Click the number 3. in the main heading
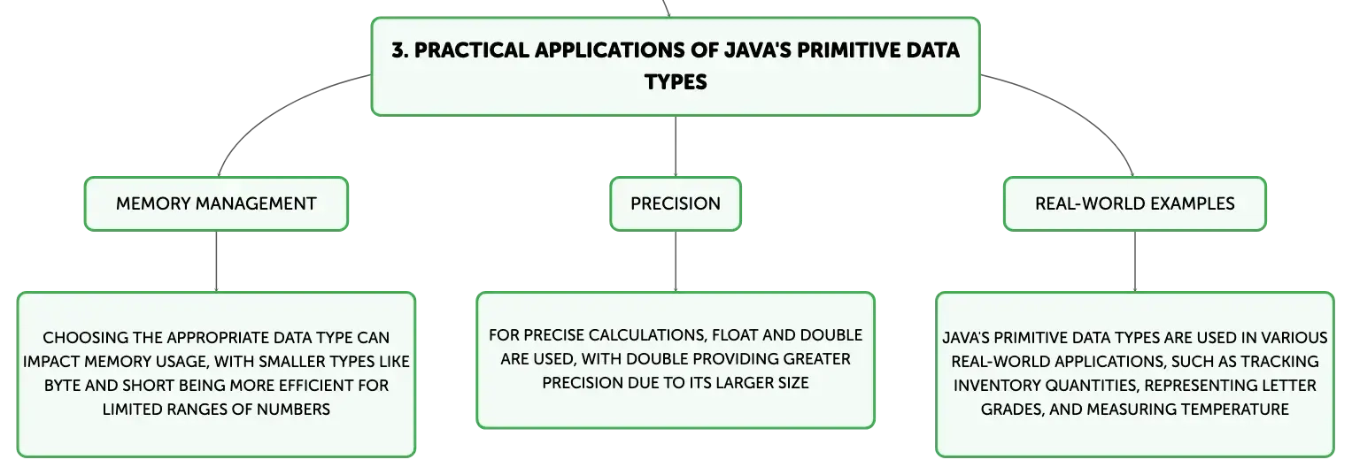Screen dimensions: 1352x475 [399, 50]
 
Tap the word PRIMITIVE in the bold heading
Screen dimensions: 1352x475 [839, 50]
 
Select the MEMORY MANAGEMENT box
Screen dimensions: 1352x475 [216, 203]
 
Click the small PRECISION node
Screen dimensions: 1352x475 [676, 203]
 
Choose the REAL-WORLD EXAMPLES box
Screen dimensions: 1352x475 [1135, 203]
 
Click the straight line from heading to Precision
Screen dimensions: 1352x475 [676, 146]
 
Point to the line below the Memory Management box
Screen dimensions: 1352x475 [216, 262]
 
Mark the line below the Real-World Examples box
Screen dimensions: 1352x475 [1135, 262]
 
